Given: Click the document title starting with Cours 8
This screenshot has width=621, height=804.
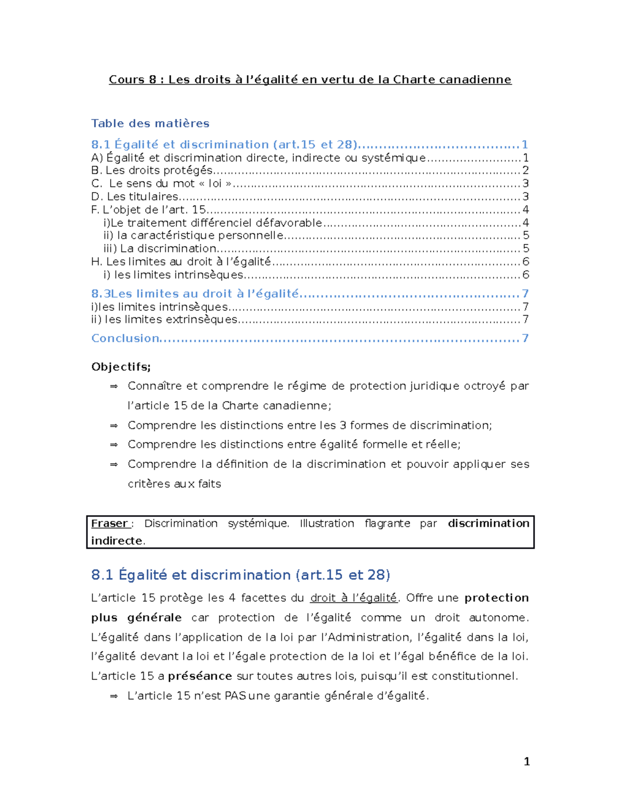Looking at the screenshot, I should [310, 79].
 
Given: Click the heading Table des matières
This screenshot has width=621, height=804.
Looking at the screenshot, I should [150, 123].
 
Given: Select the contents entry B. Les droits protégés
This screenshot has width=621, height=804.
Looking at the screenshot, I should [152, 170].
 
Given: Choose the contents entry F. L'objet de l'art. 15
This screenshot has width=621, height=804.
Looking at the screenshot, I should [149, 210].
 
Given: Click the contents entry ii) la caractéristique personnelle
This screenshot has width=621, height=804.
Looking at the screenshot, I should [194, 236].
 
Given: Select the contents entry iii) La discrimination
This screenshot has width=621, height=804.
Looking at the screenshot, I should [160, 248].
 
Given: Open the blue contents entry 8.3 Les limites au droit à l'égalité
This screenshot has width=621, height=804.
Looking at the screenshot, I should [195, 294].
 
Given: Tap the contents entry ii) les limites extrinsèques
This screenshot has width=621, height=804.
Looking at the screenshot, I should [164, 319].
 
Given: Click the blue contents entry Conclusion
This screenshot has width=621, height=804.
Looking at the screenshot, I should [125, 338].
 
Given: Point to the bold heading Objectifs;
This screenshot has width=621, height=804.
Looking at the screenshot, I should [121, 367].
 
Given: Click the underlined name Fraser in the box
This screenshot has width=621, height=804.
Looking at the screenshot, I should [110, 523].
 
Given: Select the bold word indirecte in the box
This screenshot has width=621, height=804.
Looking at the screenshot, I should [117, 540].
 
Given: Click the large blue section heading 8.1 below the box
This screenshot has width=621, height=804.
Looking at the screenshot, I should [240, 575].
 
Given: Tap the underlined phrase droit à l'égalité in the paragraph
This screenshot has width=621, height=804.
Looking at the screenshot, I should [353, 598].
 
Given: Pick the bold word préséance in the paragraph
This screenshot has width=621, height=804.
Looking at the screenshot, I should [200, 676].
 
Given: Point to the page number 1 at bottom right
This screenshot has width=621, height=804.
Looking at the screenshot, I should [526, 761].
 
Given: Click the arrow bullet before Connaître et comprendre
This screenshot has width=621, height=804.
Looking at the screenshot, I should [114, 386].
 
